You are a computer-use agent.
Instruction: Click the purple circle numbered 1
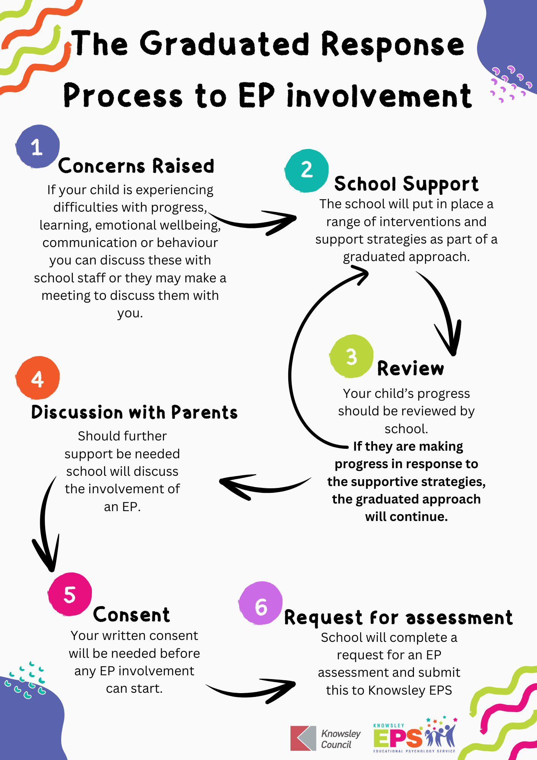click(x=37, y=146)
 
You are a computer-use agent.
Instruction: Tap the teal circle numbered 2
click(x=306, y=170)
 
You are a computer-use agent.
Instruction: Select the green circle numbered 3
click(x=351, y=356)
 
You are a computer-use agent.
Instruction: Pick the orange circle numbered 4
click(x=38, y=378)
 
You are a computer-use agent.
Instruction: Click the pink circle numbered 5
click(x=70, y=594)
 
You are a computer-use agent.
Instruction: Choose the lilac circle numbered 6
click(x=261, y=603)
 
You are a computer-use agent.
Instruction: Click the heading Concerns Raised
click(x=136, y=166)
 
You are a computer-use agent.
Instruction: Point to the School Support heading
click(x=406, y=184)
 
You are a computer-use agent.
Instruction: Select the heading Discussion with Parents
click(x=134, y=412)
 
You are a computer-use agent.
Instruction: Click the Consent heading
click(x=131, y=615)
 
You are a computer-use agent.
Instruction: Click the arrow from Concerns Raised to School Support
click(x=254, y=222)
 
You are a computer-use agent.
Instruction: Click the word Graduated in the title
click(x=225, y=44)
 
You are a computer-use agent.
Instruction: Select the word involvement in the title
click(x=379, y=96)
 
